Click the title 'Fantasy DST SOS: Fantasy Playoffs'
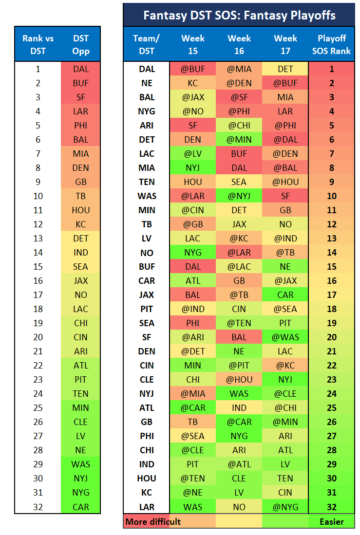click(x=239, y=16)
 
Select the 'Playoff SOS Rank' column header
click(x=331, y=44)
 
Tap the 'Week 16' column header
click(x=239, y=44)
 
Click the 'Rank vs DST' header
click(x=38, y=44)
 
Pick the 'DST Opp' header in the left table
click(x=81, y=44)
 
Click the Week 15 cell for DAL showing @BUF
click(x=192, y=69)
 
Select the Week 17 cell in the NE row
click(x=285, y=83)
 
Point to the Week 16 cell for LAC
click(x=239, y=153)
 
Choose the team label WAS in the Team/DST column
click(x=147, y=196)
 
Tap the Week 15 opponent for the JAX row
click(x=192, y=295)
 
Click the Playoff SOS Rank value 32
click(x=332, y=507)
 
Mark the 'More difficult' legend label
click(x=153, y=522)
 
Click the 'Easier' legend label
click(x=332, y=522)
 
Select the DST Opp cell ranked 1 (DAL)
click(x=80, y=69)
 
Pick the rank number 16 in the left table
click(x=38, y=281)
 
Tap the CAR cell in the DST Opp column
click(x=80, y=507)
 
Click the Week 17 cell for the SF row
click(x=285, y=337)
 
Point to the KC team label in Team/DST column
click(x=147, y=493)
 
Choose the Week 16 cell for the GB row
click(x=239, y=422)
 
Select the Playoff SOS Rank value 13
click(x=332, y=238)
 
